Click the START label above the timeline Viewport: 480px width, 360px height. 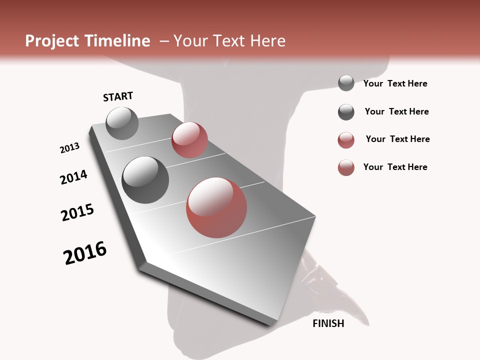click(x=118, y=96)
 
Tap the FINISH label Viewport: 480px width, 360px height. click(x=328, y=323)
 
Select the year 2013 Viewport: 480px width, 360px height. click(x=69, y=148)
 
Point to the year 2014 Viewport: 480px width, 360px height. click(x=73, y=177)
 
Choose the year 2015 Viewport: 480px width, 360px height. click(x=77, y=212)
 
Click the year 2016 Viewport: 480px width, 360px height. click(x=85, y=253)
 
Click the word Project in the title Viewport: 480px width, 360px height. click(x=52, y=41)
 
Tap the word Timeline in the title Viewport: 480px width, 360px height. click(x=117, y=41)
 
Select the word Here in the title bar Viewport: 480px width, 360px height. click(x=267, y=41)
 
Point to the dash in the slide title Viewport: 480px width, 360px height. click(x=164, y=41)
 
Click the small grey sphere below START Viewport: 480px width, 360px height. click(x=122, y=123)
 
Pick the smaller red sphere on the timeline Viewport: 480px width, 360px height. click(x=189, y=140)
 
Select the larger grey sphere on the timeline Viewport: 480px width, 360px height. click(x=145, y=180)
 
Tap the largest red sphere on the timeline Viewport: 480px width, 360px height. click(x=216, y=207)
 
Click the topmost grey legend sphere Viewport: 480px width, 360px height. click(x=346, y=83)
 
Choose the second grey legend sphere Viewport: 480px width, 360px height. click(x=346, y=112)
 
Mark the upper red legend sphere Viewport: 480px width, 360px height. click(x=346, y=140)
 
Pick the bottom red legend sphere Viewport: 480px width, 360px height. click(x=346, y=167)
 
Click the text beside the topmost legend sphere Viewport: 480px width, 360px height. click(x=395, y=83)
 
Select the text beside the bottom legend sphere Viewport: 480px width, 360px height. click(x=395, y=167)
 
